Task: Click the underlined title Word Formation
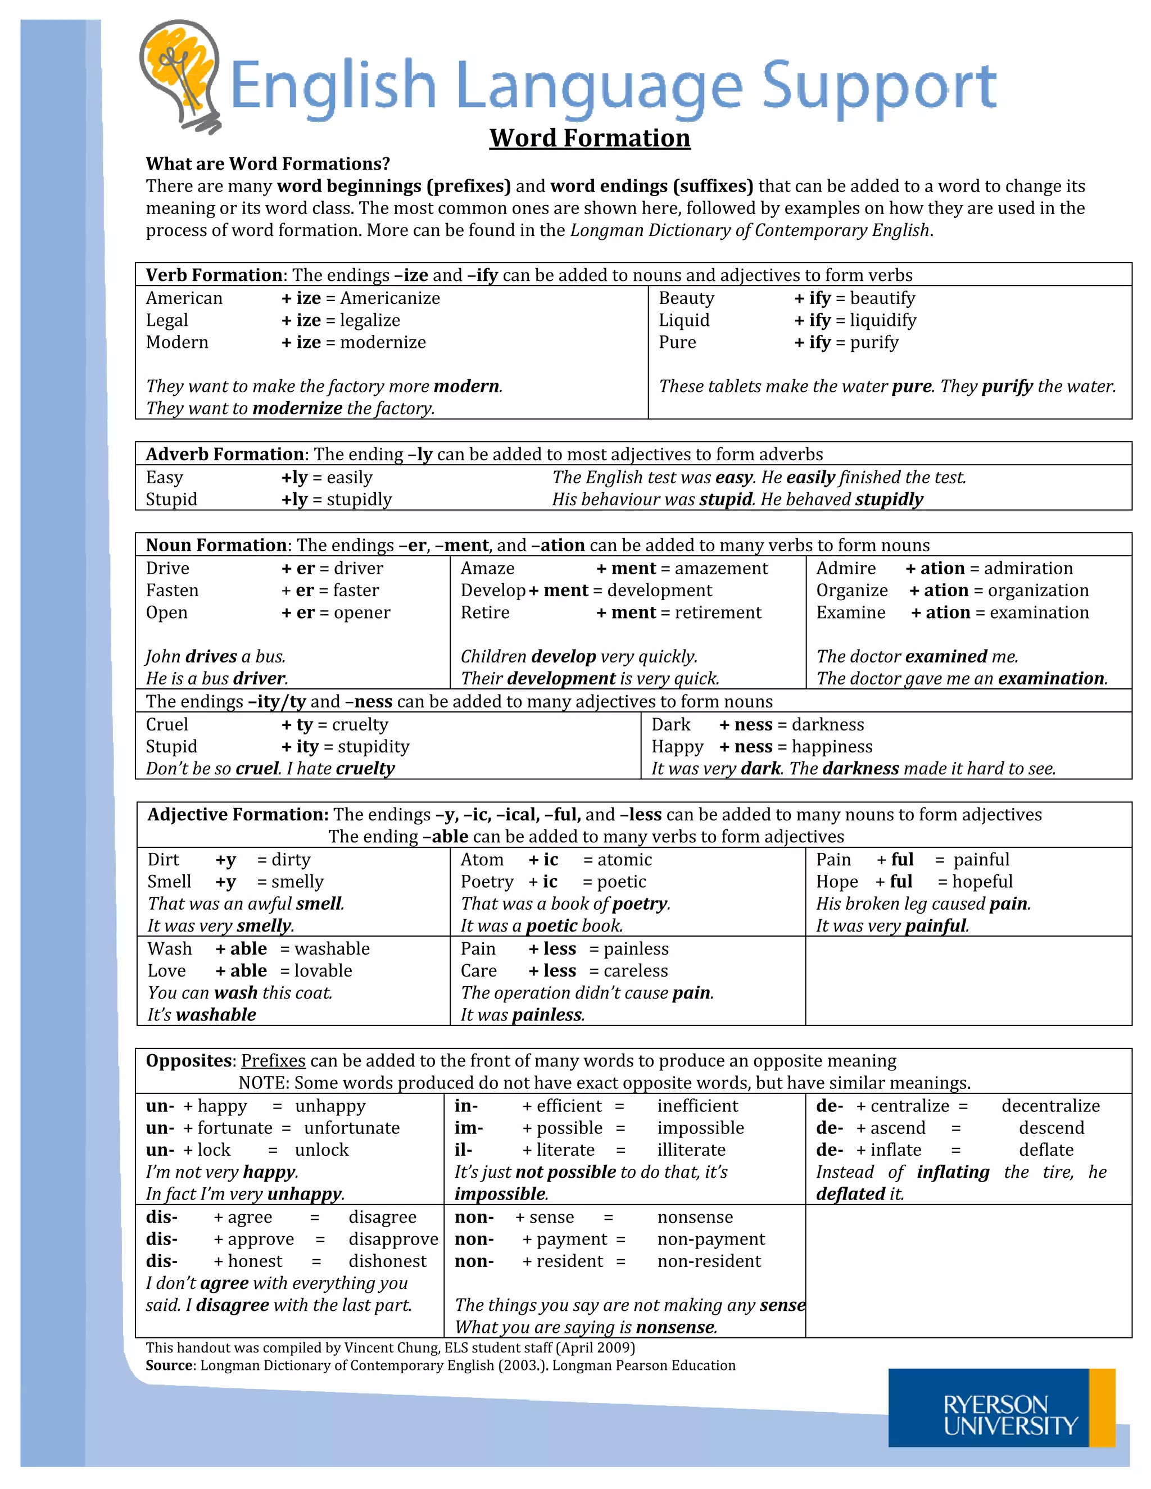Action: coord(589,138)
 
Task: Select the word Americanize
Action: coord(390,298)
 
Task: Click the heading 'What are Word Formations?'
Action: coord(268,164)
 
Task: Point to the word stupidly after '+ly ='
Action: coord(359,500)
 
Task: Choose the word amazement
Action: coord(722,569)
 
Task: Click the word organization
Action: coord(1038,591)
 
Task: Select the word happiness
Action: coord(832,747)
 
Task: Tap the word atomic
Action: coord(624,860)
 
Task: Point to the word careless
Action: coord(636,971)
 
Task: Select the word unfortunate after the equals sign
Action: coord(352,1128)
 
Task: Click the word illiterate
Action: coord(691,1150)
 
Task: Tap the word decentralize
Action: coord(1050,1106)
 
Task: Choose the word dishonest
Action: coord(387,1261)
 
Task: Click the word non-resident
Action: coord(709,1261)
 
